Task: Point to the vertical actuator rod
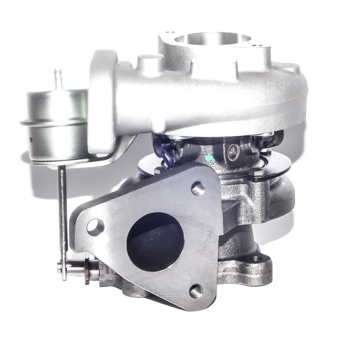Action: coord(62,211)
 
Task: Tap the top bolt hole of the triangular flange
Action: coord(198,188)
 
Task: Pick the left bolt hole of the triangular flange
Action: coord(95,227)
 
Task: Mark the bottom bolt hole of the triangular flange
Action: coord(196,290)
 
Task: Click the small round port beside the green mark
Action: coord(233,150)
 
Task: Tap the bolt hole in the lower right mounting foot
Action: coord(255,259)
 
